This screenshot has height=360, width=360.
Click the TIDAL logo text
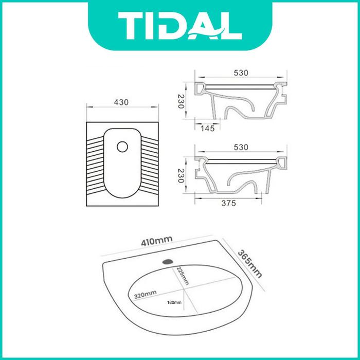(180, 26)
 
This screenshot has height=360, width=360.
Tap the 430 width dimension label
(121, 102)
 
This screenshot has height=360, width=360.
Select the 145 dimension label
(208, 129)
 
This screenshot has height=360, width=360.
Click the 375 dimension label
(229, 203)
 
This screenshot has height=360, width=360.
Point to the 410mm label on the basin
(157, 241)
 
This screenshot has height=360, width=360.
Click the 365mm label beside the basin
(249, 264)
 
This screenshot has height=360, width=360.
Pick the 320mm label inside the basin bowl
(146, 295)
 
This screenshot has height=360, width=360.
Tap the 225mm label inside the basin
(182, 276)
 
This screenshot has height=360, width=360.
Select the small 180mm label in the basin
(174, 302)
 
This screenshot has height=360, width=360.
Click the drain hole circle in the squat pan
(122, 147)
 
